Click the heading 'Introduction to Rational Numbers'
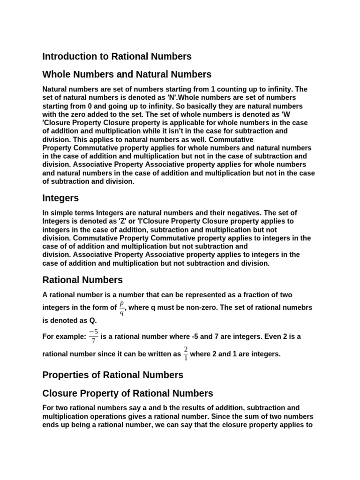pyautogui.click(x=117, y=57)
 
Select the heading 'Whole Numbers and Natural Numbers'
pyautogui.click(x=127, y=75)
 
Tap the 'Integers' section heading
pyautogui.click(x=60, y=198)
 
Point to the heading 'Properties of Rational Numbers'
pyautogui.click(x=112, y=375)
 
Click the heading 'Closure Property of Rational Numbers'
pyautogui.click(x=127, y=393)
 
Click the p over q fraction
pyautogui.click(x=122, y=307)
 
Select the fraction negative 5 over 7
pyautogui.click(x=93, y=336)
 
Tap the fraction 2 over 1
pyautogui.click(x=186, y=354)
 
